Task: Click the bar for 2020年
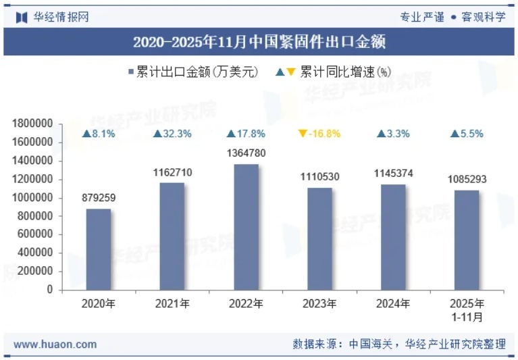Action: pyautogui.click(x=99, y=249)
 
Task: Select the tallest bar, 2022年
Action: pyautogui.click(x=246, y=227)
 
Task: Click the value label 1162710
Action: pyautogui.click(x=172, y=172)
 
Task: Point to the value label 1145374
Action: pyautogui.click(x=393, y=174)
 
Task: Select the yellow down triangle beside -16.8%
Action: pyautogui.click(x=303, y=134)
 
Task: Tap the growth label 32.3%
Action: pyautogui.click(x=177, y=134)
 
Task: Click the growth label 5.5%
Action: pyautogui.click(x=471, y=134)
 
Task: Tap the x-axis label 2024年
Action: pyautogui.click(x=393, y=304)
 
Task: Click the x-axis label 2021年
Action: pyautogui.click(x=172, y=304)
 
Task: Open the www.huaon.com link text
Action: pyautogui.click(x=55, y=344)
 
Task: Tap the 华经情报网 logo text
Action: pyautogui.click(x=61, y=17)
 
